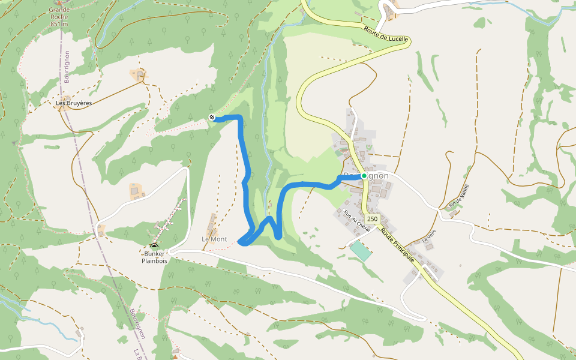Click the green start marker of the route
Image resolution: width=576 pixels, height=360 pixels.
point(364,176)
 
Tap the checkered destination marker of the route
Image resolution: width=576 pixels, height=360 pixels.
point(212,117)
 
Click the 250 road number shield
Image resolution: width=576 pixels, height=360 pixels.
point(373,219)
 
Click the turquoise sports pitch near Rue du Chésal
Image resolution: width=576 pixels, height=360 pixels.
point(361,250)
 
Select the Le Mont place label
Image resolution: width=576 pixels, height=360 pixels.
point(214,239)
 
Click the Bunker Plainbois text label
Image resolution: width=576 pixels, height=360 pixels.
point(154,257)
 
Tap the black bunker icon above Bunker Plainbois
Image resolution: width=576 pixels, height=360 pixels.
point(154,246)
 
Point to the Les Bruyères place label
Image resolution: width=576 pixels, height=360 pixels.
point(74,103)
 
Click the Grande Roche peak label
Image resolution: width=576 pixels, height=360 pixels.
point(59,14)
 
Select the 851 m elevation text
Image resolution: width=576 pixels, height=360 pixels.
point(59,24)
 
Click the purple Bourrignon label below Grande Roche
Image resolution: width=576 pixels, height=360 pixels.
point(67,66)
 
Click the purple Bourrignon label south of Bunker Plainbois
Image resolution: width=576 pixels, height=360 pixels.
point(137,324)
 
